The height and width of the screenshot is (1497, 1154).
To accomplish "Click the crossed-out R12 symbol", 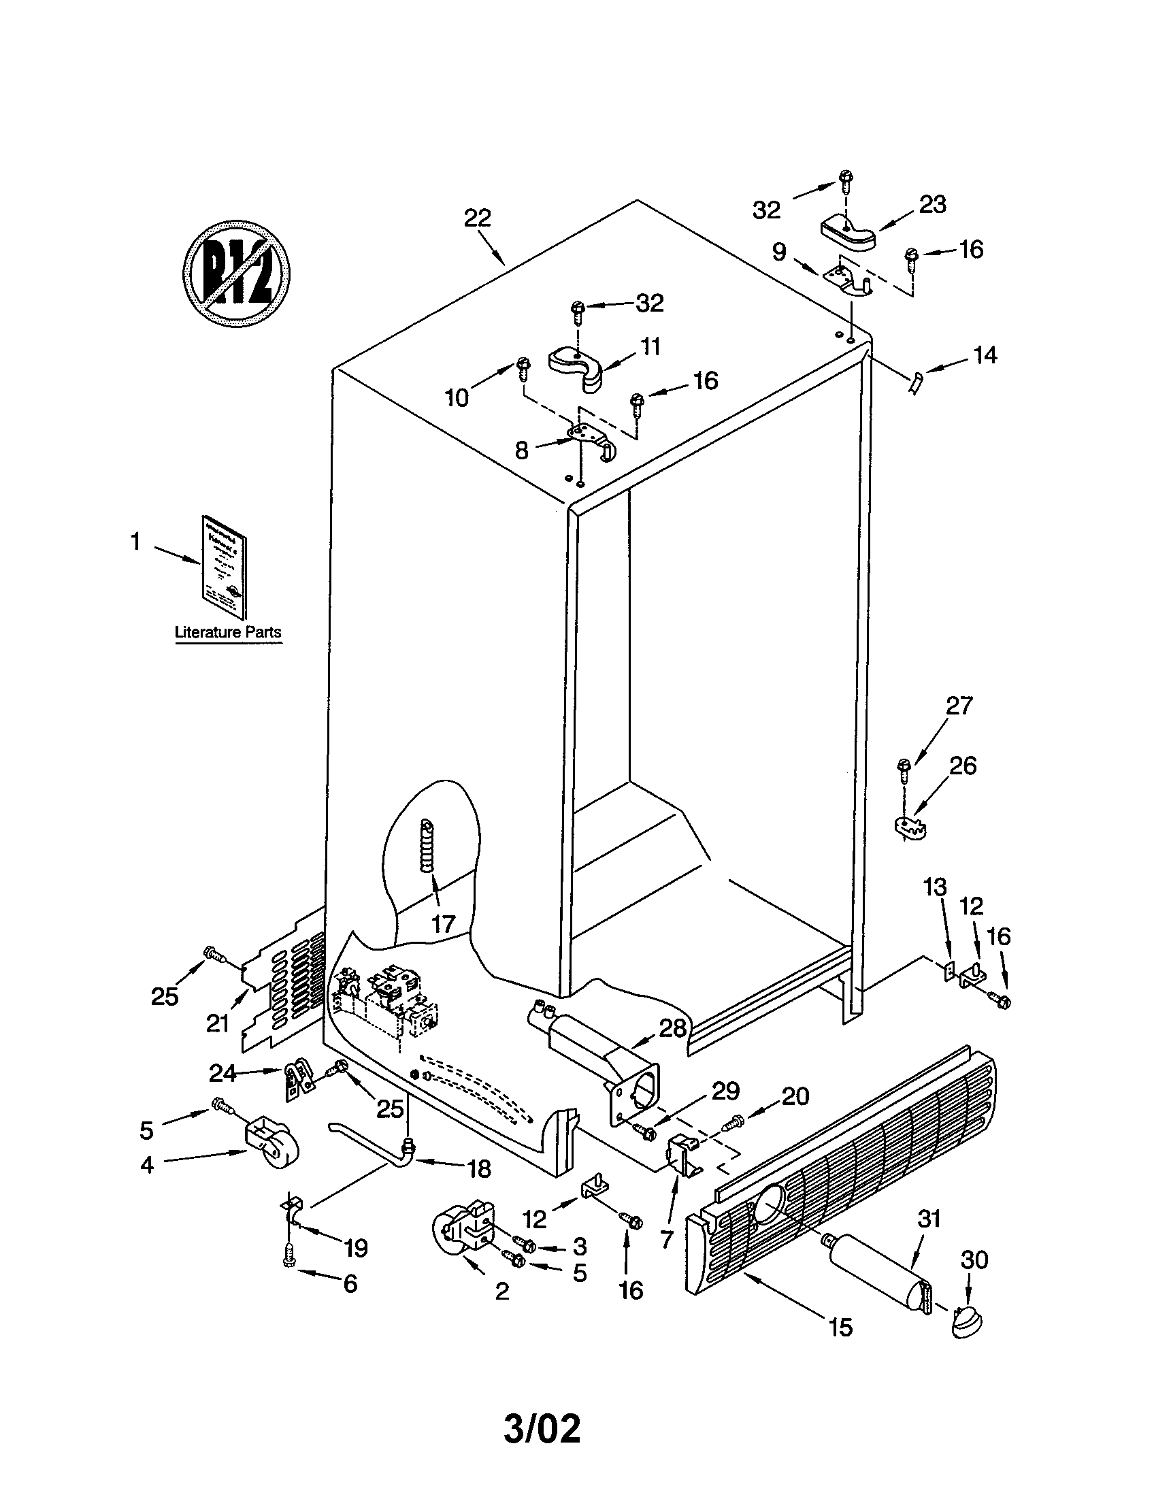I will pyautogui.click(x=236, y=271).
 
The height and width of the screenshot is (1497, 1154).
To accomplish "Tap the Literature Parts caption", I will pyautogui.click(x=228, y=632).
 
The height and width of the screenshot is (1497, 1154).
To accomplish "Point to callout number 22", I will pyautogui.click(x=478, y=218).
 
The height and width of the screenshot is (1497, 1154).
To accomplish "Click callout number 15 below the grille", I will pyautogui.click(x=840, y=1328).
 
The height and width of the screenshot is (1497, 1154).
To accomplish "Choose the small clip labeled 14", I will pyautogui.click(x=914, y=381).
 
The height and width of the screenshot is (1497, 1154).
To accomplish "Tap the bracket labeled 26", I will pyautogui.click(x=910, y=826).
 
